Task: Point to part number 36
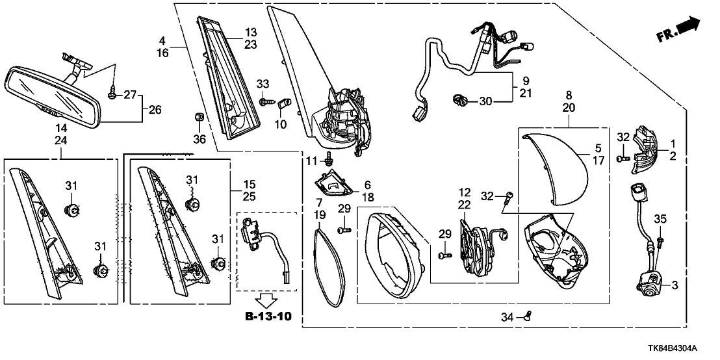tap(199, 138)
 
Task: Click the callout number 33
tap(263, 84)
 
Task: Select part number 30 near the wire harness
tap(487, 101)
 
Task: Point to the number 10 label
tap(281, 123)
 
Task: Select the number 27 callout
tap(130, 95)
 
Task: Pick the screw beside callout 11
tap(330, 158)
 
